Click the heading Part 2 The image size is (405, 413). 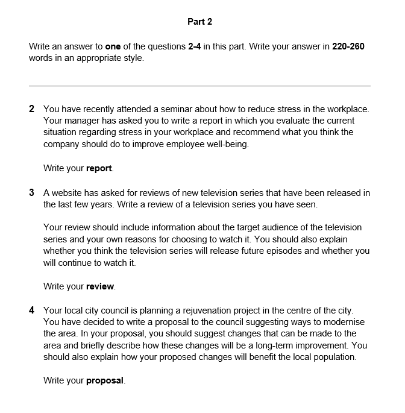click(x=199, y=22)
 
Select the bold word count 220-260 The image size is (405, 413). click(x=348, y=46)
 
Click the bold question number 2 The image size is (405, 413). click(x=31, y=109)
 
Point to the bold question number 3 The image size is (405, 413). click(x=31, y=193)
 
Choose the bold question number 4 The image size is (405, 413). click(x=31, y=311)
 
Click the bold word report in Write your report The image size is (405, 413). click(x=99, y=168)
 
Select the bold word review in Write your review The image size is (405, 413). click(x=100, y=286)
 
